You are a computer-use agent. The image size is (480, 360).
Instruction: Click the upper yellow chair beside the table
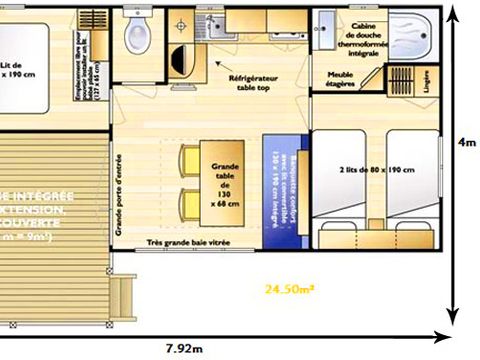click(190, 160)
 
